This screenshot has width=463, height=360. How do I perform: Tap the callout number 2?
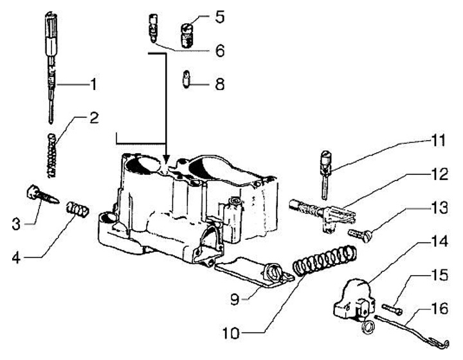tap(94, 118)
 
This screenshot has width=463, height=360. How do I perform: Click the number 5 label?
tap(220, 17)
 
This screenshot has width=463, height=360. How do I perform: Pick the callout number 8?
tap(220, 84)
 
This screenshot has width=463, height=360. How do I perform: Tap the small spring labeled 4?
tap(77, 210)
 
